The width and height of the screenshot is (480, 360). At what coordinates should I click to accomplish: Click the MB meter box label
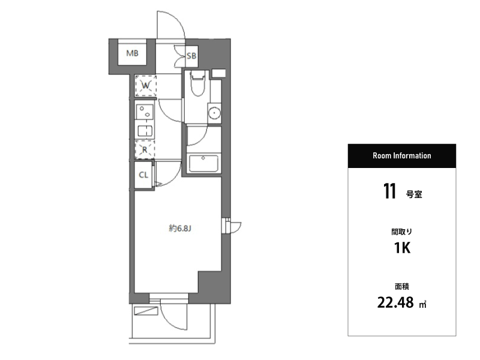(x=132, y=53)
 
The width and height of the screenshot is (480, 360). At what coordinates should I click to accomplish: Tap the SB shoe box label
(x=191, y=56)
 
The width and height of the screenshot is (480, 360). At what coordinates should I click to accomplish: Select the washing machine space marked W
(x=146, y=86)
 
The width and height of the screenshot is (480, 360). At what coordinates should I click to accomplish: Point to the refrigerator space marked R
(x=145, y=149)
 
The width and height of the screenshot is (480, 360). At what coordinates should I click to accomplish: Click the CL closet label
(x=143, y=175)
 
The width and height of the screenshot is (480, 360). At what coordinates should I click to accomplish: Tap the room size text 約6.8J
(x=180, y=229)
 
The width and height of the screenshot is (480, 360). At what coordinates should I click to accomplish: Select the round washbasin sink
(x=215, y=113)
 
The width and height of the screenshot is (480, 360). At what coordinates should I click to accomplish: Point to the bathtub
(x=203, y=163)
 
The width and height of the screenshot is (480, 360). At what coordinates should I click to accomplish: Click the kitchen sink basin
(x=145, y=131)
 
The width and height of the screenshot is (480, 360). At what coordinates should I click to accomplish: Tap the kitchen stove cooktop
(x=145, y=112)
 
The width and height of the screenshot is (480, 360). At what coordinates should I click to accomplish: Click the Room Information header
(x=401, y=155)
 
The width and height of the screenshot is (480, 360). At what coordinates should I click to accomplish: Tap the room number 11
(x=389, y=191)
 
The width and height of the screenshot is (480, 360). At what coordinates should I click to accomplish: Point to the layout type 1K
(x=402, y=248)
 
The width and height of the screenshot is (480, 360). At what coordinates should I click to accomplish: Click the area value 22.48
(x=395, y=302)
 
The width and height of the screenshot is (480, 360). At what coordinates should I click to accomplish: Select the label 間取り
(x=401, y=232)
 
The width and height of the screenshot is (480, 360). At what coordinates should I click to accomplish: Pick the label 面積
(x=401, y=287)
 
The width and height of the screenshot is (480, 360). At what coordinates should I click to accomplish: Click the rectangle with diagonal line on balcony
(x=146, y=311)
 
